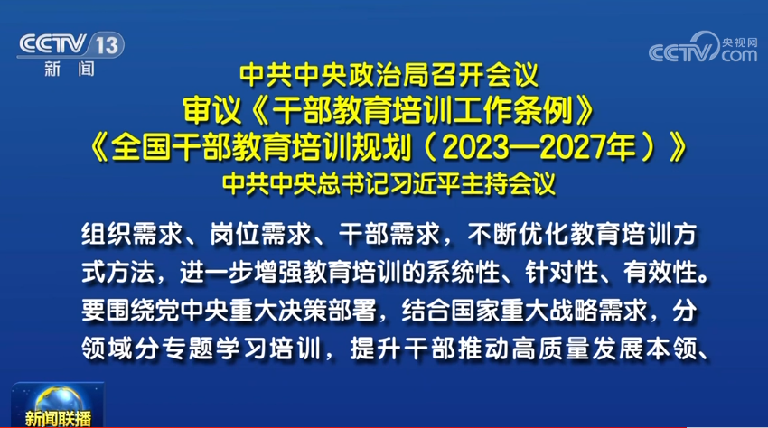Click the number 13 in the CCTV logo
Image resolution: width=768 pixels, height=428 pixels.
(x=107, y=45)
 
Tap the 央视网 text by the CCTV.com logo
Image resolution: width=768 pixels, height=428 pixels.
(x=739, y=42)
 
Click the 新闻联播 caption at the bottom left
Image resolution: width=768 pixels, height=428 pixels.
(x=58, y=419)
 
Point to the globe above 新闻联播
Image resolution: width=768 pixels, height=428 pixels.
(x=58, y=399)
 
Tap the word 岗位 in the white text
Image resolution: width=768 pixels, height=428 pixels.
(x=235, y=234)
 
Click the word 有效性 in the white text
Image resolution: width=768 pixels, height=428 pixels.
(x=660, y=273)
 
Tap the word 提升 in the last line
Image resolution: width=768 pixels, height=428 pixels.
(x=375, y=349)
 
